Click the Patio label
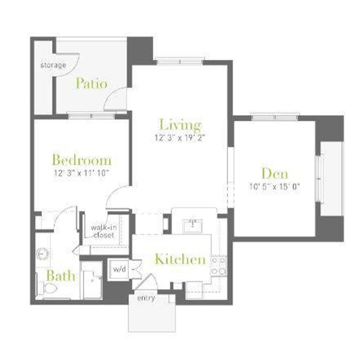[x=92, y=83]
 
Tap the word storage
[x=53, y=65]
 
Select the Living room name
[x=180, y=125]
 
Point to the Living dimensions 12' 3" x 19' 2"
[x=179, y=138]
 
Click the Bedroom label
[x=82, y=160]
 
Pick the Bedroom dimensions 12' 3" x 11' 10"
[x=81, y=173]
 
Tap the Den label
[x=275, y=174]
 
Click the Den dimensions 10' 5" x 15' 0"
[x=275, y=187]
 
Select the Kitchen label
[x=180, y=259]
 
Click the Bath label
[x=61, y=276]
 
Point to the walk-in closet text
[x=104, y=232]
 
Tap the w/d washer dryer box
[x=118, y=269]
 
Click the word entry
[x=146, y=298]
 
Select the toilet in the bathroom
[x=46, y=289]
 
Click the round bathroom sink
[x=43, y=254]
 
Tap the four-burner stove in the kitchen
[x=219, y=266]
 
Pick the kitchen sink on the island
[x=193, y=226]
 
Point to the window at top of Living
[x=180, y=62]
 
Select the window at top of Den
[x=275, y=118]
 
